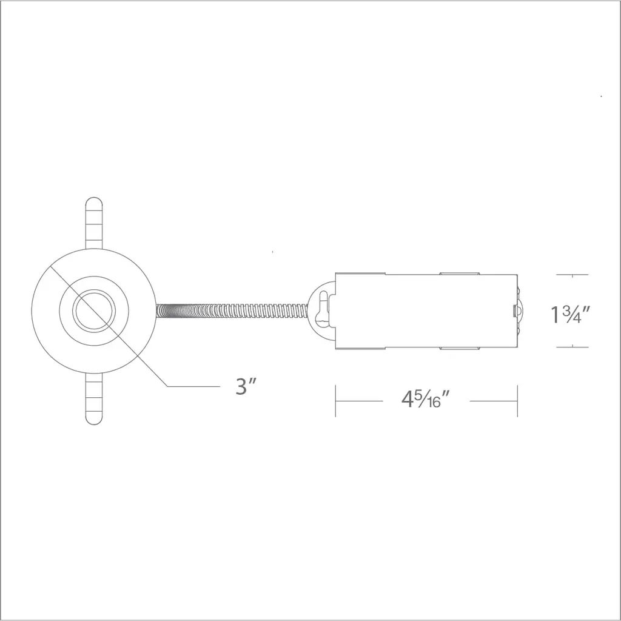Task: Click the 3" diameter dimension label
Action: pos(246,386)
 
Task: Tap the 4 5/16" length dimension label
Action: pos(426,399)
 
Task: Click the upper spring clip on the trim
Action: pos(94,223)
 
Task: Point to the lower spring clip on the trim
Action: pos(94,399)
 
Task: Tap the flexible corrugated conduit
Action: pos(232,310)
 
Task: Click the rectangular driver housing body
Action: pos(426,311)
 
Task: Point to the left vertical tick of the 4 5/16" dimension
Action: pos(335,401)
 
